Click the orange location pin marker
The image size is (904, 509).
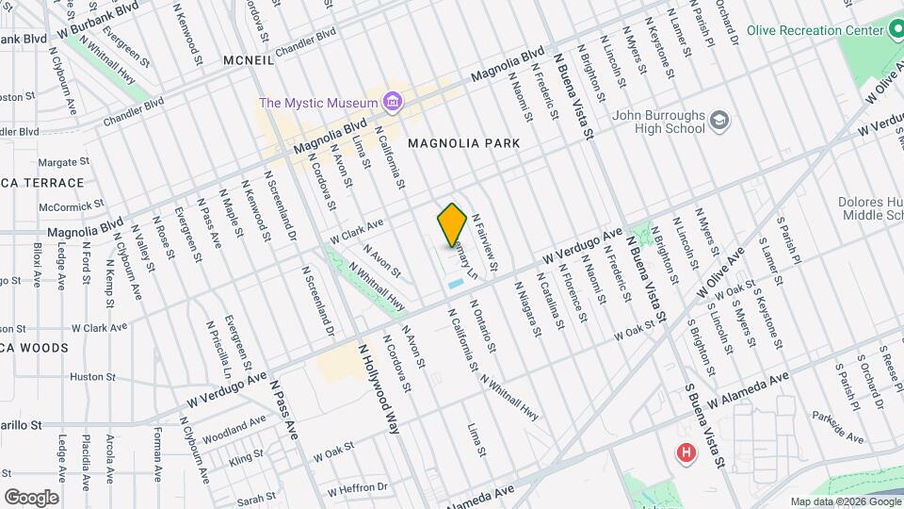(452, 225)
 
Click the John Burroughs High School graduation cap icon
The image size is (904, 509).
(719, 121)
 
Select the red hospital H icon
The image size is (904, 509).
(686, 453)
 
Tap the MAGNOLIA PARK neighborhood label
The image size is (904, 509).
(463, 142)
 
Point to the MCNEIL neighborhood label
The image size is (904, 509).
(249, 60)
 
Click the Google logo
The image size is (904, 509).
(31, 497)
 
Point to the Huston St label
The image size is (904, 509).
(92, 377)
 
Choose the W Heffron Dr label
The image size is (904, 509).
(357, 488)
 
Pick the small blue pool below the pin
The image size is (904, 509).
(456, 282)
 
